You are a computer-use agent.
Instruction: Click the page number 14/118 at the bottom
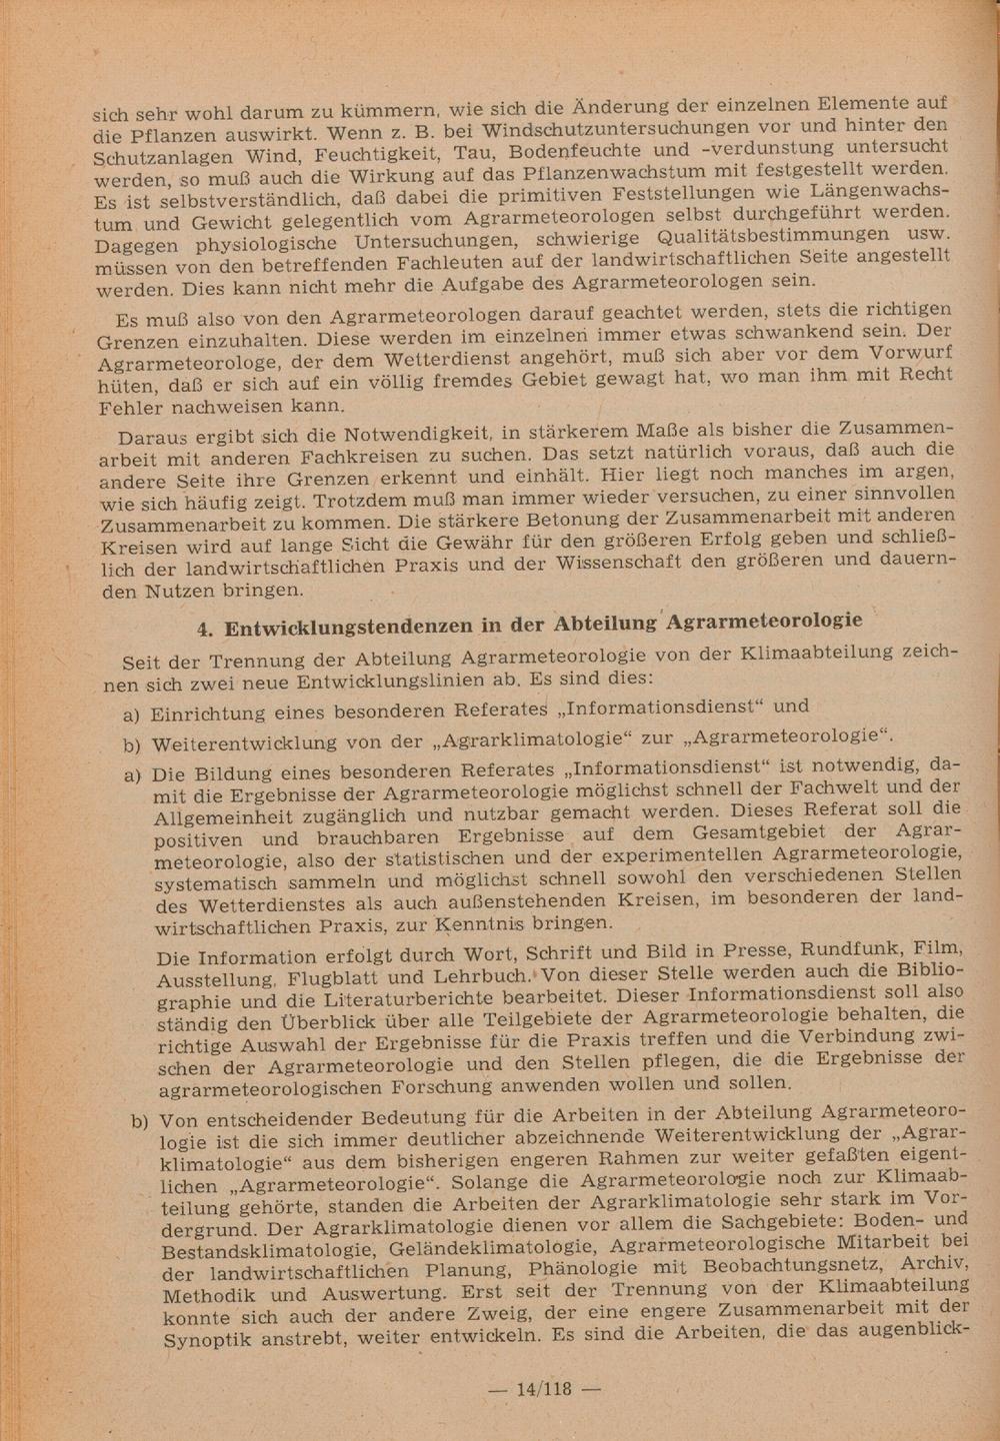coord(542,1388)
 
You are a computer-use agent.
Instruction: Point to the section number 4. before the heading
coord(208,630)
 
